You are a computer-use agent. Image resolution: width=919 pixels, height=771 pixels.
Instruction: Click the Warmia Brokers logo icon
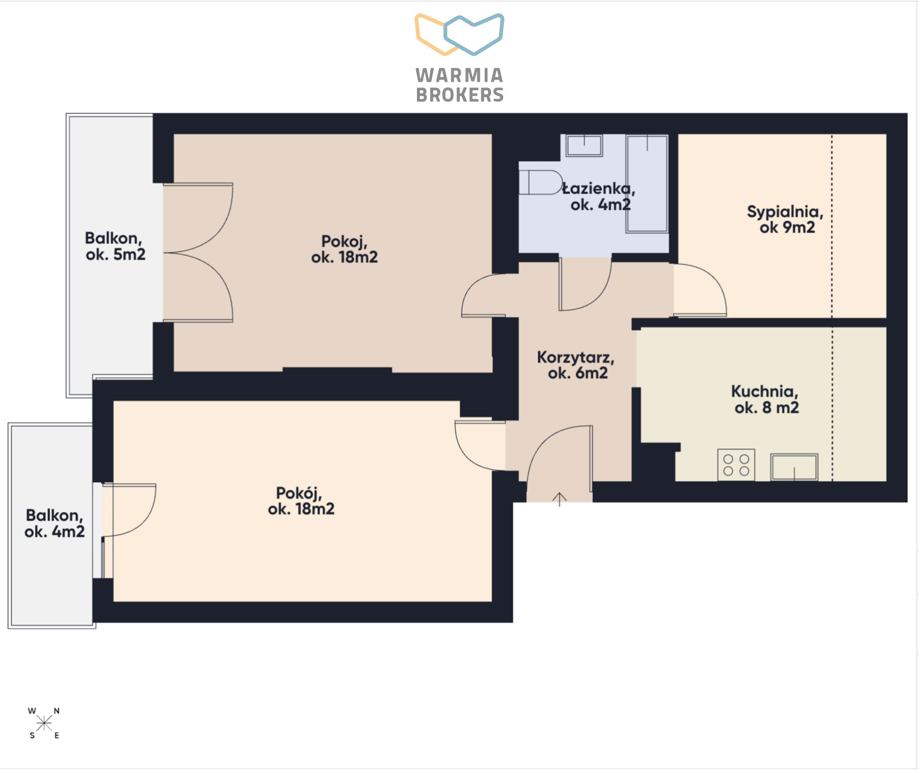459,34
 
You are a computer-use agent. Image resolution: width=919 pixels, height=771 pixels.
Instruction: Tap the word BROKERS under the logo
459,95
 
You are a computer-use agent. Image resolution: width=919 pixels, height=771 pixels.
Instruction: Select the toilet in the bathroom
540,182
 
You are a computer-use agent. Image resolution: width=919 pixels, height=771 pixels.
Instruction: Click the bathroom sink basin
584,145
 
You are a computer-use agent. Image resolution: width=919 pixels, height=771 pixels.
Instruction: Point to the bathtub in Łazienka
647,183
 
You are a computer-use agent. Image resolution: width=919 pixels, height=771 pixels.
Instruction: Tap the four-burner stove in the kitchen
736,465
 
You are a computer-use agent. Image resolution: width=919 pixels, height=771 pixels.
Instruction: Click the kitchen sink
794,467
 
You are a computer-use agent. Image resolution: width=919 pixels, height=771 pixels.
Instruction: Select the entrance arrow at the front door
560,499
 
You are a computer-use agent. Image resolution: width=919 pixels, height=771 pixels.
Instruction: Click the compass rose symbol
44,723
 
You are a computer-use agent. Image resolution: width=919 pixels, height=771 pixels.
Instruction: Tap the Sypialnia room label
786,219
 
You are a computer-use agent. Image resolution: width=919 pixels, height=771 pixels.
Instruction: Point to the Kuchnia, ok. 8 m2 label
765,400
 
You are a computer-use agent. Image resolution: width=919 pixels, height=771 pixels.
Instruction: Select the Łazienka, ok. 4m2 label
599,196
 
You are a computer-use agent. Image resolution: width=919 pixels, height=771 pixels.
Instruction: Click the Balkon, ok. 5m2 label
115,246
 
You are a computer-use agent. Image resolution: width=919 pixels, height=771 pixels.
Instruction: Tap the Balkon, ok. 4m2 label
55,523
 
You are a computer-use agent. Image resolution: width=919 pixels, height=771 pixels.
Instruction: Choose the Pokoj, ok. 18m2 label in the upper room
344,249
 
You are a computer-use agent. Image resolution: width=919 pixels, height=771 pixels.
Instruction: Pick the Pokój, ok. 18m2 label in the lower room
301,501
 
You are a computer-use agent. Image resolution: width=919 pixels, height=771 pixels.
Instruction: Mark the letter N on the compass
56,711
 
